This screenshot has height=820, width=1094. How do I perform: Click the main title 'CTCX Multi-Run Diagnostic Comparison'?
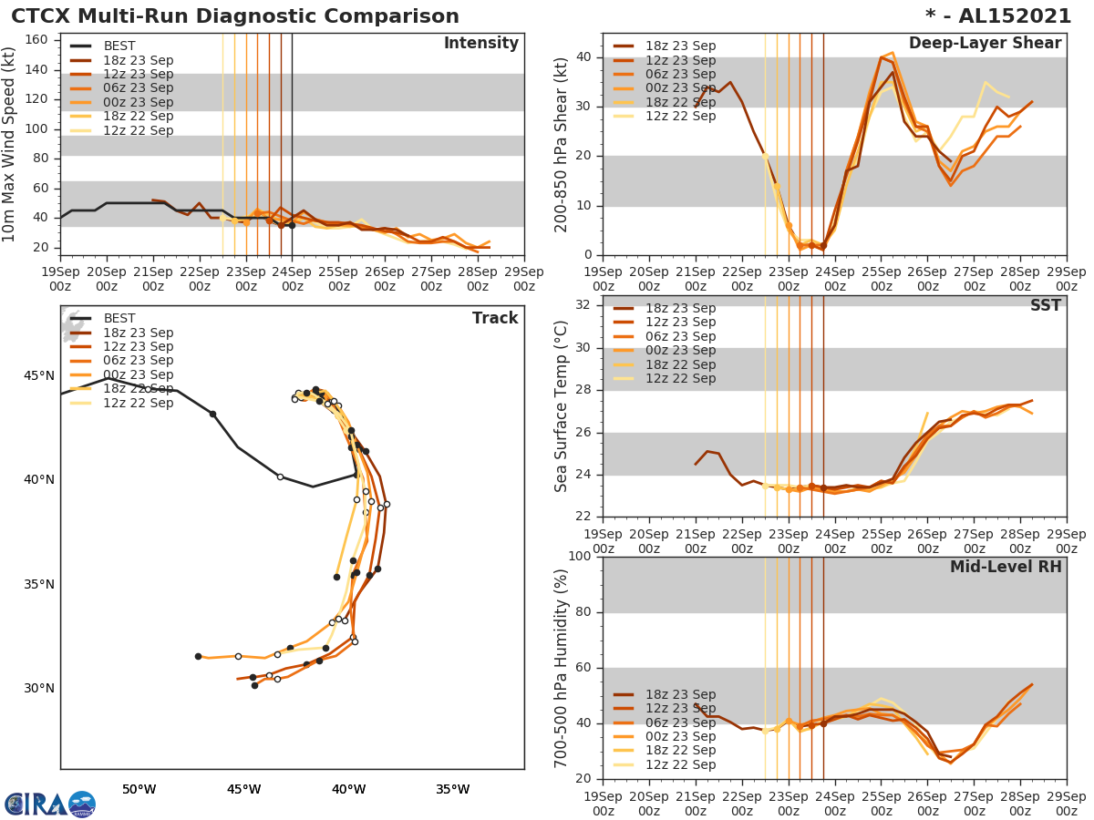(235, 16)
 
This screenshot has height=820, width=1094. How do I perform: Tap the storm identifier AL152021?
(1011, 16)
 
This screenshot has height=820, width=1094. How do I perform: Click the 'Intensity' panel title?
(480, 44)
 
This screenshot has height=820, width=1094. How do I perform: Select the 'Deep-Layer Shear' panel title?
(985, 44)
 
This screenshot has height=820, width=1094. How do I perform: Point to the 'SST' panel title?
(1046, 306)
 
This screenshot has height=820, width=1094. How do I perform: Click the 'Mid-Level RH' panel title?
(1006, 567)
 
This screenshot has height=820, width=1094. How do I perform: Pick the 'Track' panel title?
(495, 318)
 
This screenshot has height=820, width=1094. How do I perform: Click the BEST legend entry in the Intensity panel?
(119, 46)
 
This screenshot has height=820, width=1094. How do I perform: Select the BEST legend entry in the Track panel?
(119, 318)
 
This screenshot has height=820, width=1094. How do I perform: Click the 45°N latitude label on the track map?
(38, 376)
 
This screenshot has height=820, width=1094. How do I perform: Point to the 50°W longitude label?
(139, 789)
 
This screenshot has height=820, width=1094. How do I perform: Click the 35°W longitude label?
(452, 789)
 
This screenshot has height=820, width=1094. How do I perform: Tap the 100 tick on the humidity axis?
(578, 557)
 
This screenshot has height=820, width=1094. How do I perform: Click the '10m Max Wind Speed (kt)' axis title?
(10, 145)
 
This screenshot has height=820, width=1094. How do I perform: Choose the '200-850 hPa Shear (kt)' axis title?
(562, 145)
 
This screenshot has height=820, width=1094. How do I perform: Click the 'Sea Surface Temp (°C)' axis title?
(562, 406)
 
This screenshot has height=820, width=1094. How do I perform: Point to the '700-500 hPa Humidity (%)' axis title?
(562, 668)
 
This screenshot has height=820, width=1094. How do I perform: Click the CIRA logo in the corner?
(50, 805)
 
